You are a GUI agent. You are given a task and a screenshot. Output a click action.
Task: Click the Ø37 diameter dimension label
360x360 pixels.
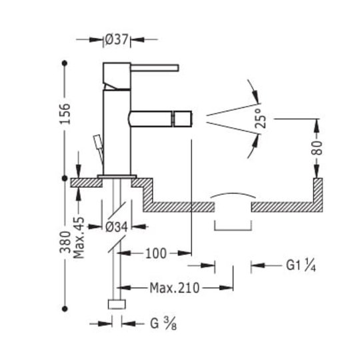point(117,40)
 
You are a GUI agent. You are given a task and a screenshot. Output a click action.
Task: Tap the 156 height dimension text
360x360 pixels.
point(65,114)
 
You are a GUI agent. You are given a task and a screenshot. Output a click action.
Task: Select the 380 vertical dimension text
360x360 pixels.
point(65,242)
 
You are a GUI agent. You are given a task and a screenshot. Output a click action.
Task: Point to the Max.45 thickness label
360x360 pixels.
point(79,237)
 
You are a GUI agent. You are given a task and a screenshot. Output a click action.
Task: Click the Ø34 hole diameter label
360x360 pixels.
point(117,227)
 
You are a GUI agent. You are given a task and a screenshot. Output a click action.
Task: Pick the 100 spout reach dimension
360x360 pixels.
point(156,254)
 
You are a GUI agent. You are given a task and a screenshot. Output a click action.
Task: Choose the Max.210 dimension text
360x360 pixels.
point(175,288)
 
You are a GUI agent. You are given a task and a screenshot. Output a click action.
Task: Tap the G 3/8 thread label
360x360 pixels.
point(163,324)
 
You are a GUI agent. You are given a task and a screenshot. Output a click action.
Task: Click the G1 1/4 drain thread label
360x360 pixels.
point(301,265)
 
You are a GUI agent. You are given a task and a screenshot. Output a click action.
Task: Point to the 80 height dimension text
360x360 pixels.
point(317,148)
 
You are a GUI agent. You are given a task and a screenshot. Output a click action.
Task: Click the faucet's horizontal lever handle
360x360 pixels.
point(155,68)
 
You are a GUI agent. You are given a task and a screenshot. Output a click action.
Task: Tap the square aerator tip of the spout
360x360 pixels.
point(183,119)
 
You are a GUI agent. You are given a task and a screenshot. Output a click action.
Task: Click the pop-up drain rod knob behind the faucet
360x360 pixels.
point(97,140)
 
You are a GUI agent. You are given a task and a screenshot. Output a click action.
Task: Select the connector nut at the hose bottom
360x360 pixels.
point(117,304)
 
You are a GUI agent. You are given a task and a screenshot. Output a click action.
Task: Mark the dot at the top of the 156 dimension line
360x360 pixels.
point(65,63)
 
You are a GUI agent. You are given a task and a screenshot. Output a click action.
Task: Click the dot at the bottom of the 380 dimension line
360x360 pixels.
point(65,309)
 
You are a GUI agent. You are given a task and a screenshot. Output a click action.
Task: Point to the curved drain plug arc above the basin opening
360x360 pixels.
point(233,193)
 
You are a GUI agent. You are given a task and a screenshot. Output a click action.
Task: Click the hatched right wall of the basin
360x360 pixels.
point(318,195)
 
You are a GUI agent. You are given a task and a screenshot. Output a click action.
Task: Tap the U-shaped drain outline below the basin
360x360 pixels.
point(233,230)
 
